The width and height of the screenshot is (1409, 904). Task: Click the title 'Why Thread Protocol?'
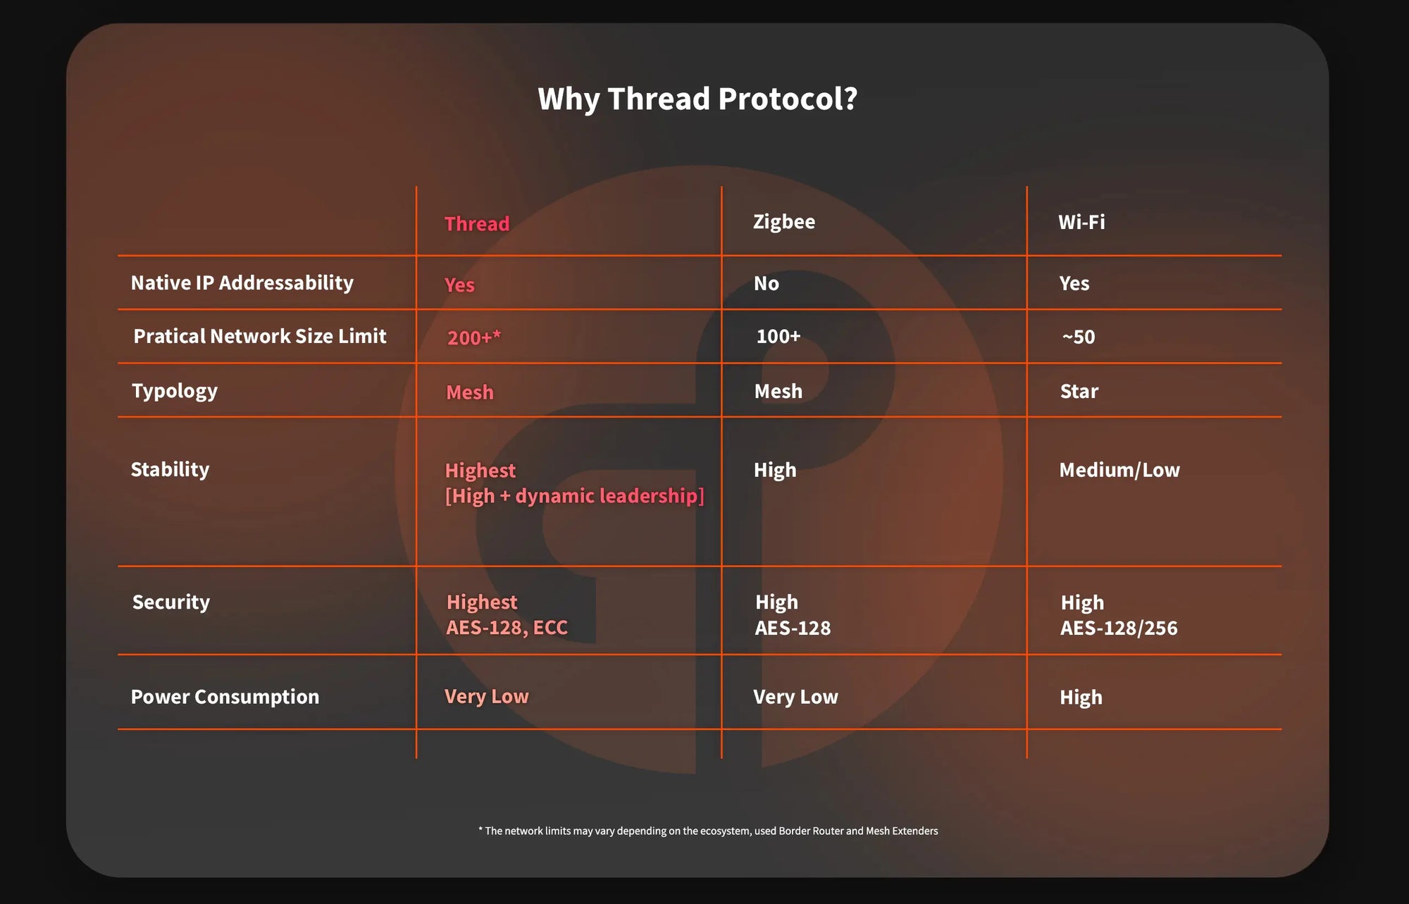pos(697,99)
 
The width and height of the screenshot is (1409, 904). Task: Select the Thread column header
pos(477,223)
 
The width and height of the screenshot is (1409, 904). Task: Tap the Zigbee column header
pos(784,222)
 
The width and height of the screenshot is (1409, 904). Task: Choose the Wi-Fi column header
pos(1081,222)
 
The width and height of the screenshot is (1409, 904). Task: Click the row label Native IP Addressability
pos(242,283)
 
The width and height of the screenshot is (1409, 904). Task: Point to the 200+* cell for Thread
pos(474,338)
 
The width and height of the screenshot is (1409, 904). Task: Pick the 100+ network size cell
pos(778,336)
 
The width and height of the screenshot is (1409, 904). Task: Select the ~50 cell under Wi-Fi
pos(1079,337)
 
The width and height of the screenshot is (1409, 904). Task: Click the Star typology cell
pos(1079,391)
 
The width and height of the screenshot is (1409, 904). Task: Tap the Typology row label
pos(175,391)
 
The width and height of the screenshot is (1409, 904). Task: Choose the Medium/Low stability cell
pos(1119,470)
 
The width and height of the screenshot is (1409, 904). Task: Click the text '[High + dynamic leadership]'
pos(575,496)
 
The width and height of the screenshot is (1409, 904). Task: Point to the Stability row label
pos(170,470)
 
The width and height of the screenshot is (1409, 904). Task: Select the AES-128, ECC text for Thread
pos(507,628)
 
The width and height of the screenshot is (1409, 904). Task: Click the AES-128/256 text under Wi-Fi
pos(1119,628)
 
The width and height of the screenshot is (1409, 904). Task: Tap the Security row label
pos(171,602)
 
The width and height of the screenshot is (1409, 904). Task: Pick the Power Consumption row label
pos(225,697)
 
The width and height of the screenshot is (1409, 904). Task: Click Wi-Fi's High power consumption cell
pos(1081,698)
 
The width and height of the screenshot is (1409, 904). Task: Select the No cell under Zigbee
pos(766,283)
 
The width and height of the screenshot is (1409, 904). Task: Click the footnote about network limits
pos(708,831)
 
